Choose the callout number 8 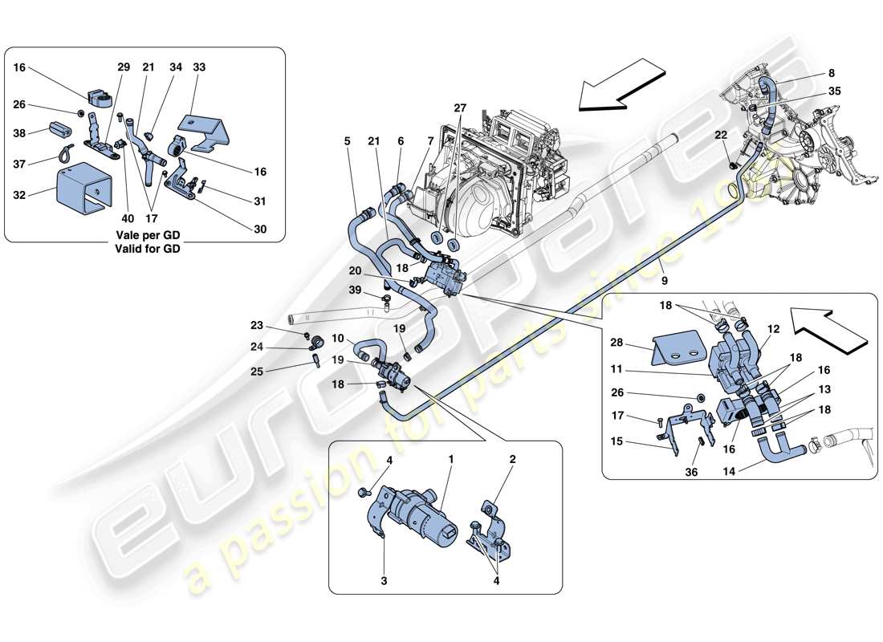point(832,73)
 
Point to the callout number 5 point(347,141)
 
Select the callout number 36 point(692,473)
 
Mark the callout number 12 point(774,329)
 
